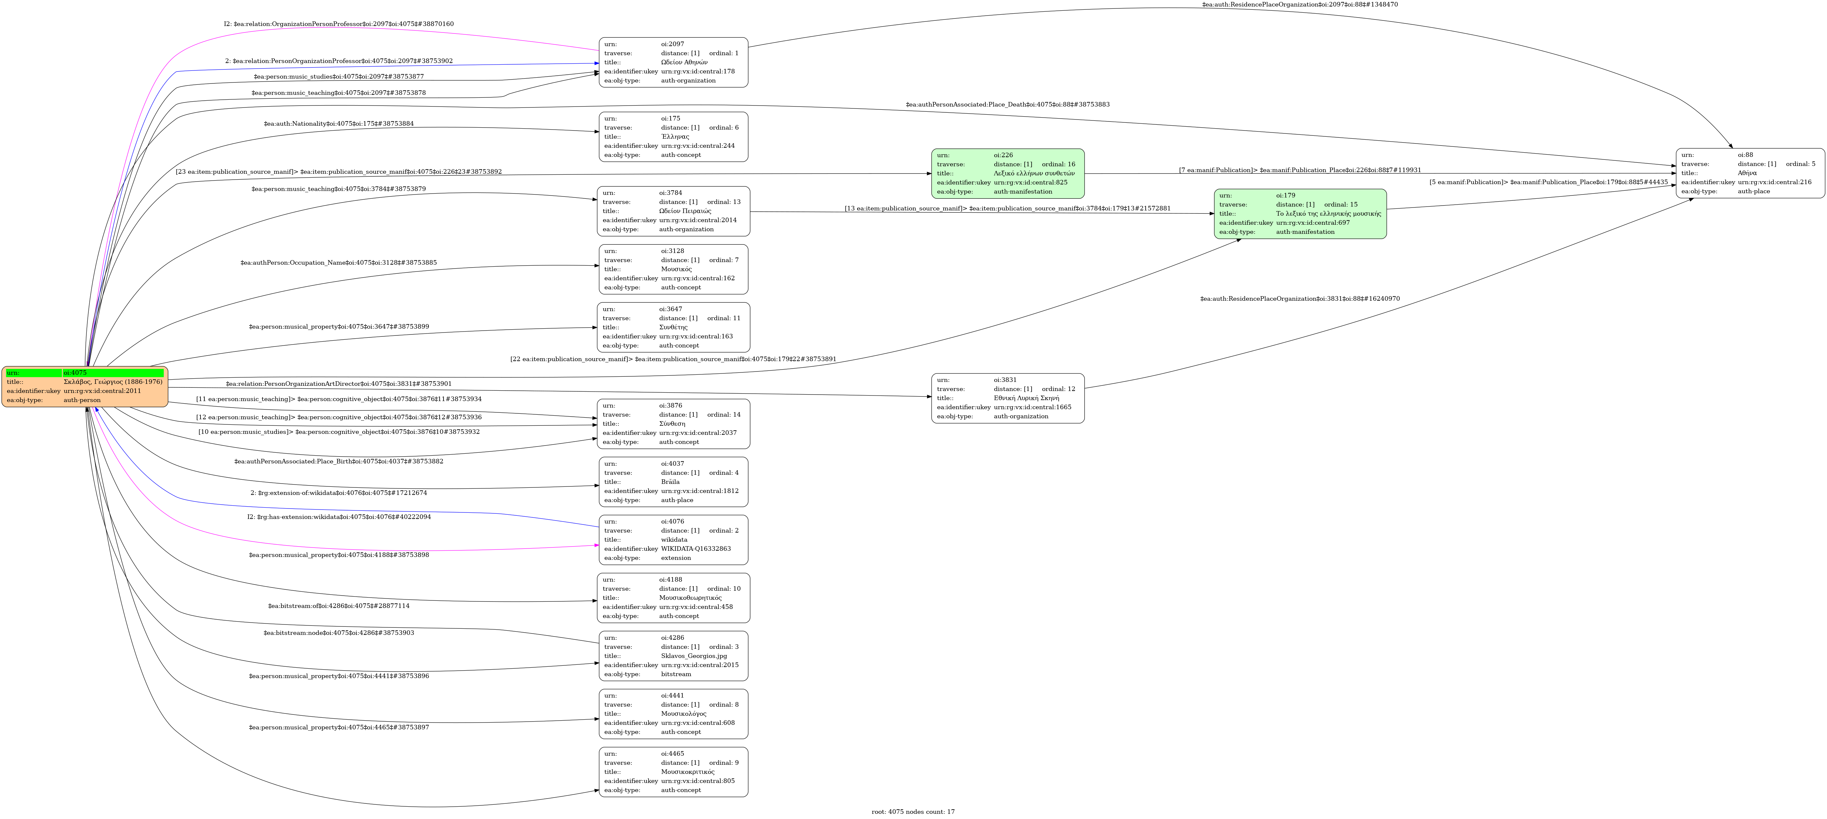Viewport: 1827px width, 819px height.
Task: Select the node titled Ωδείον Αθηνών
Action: click(673, 62)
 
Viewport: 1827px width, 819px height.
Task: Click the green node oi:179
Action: click(1299, 213)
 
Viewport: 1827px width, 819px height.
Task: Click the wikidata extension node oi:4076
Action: click(673, 540)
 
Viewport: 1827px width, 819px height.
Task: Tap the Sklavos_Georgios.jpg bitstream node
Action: click(673, 656)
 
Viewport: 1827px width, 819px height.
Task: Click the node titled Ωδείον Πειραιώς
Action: click(673, 211)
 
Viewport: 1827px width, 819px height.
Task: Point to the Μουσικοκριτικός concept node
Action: click(673, 772)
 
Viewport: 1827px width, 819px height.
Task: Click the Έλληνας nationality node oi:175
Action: click(673, 137)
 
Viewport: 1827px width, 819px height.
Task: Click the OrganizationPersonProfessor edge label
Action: click(339, 24)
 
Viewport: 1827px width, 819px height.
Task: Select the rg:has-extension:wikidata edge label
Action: click(339, 517)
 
